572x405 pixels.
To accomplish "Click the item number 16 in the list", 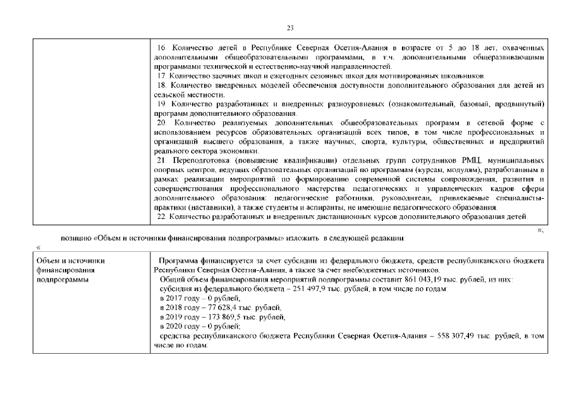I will [161, 49].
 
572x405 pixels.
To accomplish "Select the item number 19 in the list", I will [161, 104].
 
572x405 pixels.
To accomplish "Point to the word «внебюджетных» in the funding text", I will [358, 270].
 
